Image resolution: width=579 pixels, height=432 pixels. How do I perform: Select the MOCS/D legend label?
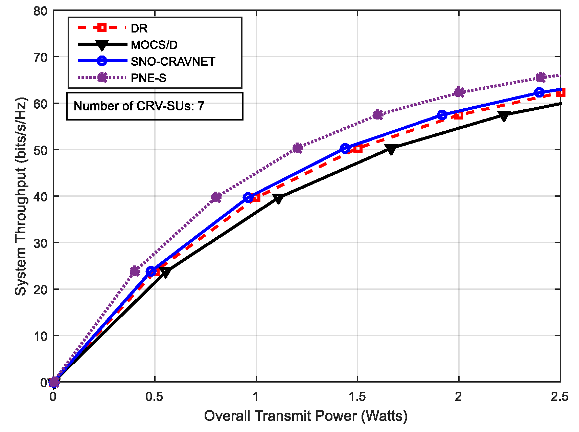(x=154, y=45)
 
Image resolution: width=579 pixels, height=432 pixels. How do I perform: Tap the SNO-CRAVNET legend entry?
(x=173, y=61)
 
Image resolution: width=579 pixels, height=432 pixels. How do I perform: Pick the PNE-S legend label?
(x=148, y=78)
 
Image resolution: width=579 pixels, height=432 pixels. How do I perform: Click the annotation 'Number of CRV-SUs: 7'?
(x=139, y=106)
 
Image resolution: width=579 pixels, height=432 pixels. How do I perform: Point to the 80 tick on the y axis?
(x=40, y=11)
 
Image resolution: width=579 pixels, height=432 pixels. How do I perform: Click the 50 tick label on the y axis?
(x=40, y=150)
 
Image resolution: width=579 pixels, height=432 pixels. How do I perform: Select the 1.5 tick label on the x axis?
(x=357, y=396)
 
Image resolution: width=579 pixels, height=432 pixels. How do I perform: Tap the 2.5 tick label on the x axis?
(x=559, y=396)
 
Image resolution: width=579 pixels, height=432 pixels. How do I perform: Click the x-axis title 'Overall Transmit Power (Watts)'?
(x=306, y=416)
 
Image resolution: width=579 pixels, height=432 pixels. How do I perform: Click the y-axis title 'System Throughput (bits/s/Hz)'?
(x=21, y=196)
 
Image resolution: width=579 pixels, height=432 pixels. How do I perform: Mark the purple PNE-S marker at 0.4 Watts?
(x=135, y=271)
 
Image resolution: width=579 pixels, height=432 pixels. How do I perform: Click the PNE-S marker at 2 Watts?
(x=459, y=92)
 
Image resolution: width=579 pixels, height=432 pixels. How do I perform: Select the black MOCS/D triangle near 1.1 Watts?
(x=278, y=199)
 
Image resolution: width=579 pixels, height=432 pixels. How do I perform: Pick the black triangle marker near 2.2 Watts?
(x=504, y=116)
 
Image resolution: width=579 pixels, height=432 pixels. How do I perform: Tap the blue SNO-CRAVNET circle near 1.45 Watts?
(x=345, y=148)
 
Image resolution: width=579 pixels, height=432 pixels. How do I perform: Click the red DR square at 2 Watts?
(x=459, y=115)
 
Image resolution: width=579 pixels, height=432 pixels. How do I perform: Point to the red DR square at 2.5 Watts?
(x=560, y=92)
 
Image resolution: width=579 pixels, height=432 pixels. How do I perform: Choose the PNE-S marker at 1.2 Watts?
(x=298, y=148)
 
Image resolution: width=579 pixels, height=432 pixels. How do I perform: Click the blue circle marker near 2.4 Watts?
(x=539, y=92)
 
